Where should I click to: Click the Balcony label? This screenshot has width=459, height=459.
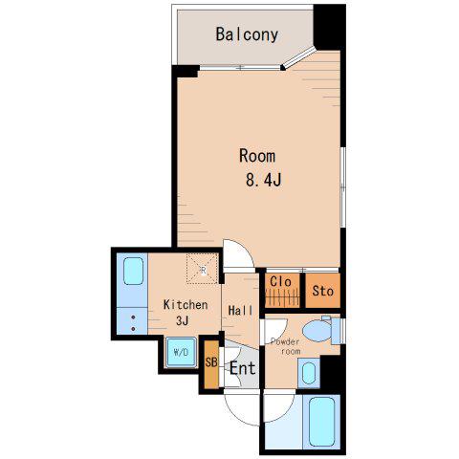(247, 34)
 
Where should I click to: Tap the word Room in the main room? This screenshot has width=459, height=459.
(257, 156)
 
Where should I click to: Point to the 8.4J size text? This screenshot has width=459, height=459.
(264, 180)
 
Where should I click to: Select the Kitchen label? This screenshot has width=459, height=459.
(186, 305)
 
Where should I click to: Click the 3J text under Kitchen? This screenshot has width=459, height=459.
(182, 320)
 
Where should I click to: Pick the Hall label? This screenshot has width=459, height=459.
(241, 310)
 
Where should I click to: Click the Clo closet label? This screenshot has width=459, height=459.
(280, 281)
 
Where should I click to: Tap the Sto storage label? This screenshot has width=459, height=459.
(323, 291)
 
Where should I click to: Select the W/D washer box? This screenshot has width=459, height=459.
(181, 352)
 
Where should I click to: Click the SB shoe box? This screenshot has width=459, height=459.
(211, 364)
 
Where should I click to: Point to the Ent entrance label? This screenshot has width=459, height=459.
(243, 368)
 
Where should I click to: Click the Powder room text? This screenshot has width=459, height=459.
(285, 346)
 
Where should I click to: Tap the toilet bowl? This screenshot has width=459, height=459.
(317, 331)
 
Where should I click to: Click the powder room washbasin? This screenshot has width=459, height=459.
(309, 373)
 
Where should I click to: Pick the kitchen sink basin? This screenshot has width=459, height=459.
(133, 271)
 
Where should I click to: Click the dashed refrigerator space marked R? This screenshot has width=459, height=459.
(203, 269)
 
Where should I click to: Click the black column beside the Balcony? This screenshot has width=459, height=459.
(330, 27)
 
